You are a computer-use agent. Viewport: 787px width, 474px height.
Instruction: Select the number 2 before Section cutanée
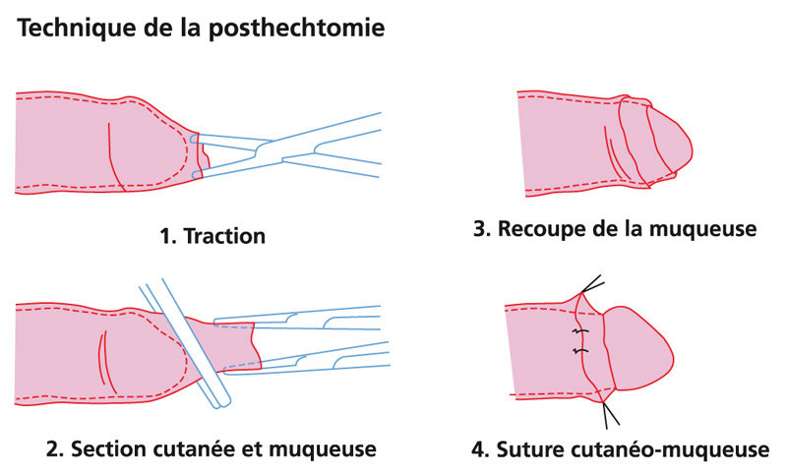tap(52, 451)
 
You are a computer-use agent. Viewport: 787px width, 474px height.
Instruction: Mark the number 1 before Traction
tap(165, 236)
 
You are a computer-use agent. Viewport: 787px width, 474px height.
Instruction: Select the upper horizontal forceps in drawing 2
tap(295, 320)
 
